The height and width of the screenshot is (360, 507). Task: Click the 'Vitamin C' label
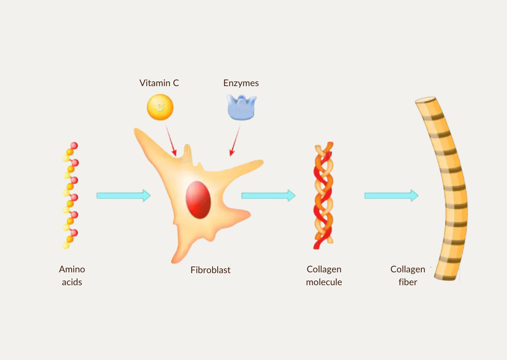click(159, 83)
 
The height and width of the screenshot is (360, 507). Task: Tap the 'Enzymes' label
click(241, 83)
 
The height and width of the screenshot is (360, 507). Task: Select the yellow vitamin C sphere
click(160, 107)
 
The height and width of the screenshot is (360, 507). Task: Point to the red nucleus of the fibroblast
click(198, 199)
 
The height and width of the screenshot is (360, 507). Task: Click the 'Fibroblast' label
click(210, 270)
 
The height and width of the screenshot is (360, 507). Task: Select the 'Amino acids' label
click(72, 275)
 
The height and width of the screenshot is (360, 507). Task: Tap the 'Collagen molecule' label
click(324, 275)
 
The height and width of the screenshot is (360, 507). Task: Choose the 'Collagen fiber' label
click(408, 275)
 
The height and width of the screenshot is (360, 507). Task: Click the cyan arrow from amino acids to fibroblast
click(123, 195)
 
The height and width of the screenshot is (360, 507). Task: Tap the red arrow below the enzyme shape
click(235, 141)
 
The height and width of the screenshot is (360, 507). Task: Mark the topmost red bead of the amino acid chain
click(74, 146)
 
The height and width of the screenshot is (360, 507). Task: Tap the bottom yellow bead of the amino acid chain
click(66, 245)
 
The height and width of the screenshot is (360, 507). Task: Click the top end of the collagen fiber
click(425, 100)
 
